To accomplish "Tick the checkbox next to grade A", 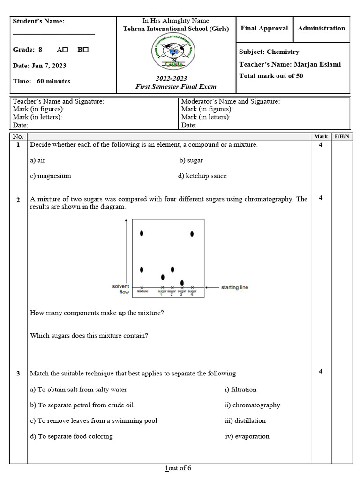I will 65,50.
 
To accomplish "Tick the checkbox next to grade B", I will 86,50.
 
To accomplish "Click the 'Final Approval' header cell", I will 264,29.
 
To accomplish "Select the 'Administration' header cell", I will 321,29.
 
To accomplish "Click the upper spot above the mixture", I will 142,233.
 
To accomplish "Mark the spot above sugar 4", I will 192,233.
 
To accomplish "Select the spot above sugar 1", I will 163,277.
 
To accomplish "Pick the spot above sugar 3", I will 182,283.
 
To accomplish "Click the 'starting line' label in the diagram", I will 234,287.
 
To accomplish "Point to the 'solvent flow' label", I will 121,289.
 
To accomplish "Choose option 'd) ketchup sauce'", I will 202,176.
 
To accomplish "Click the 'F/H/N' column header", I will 340,137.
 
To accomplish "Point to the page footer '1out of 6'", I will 178,468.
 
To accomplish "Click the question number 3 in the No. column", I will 18,374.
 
